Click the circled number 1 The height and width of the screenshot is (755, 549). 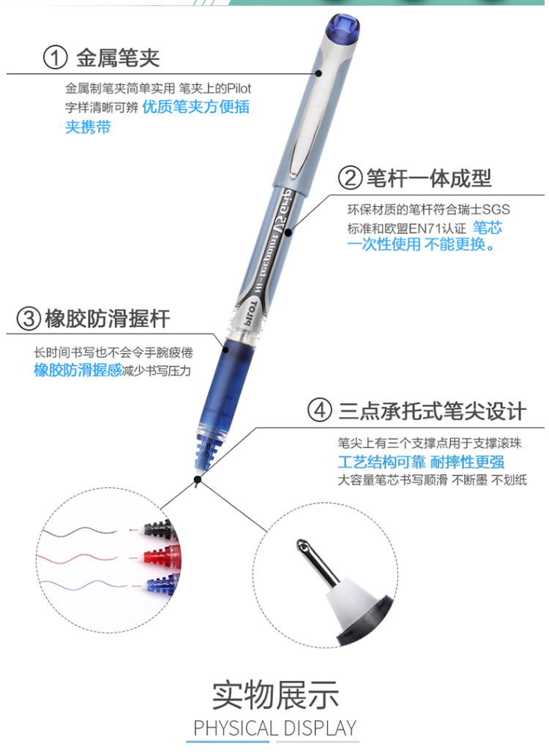pyautogui.click(x=55, y=57)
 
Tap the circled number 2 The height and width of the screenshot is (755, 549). pyautogui.click(x=350, y=178)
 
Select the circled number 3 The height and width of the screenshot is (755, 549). pyautogui.click(x=29, y=319)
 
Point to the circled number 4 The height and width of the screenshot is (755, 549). pyautogui.click(x=320, y=410)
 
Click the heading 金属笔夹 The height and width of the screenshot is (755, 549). pyautogui.click(x=118, y=58)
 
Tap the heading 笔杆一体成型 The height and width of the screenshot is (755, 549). pyautogui.click(x=429, y=179)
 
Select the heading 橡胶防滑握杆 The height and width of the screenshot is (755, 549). pyautogui.click(x=108, y=319)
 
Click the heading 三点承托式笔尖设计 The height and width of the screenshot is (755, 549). pyautogui.click(x=433, y=411)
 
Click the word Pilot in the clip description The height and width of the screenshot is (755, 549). pyautogui.click(x=239, y=89)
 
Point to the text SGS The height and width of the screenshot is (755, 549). pyautogui.click(x=496, y=209)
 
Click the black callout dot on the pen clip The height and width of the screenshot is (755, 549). pyautogui.click(x=318, y=73)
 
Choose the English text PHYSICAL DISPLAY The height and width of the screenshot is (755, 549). pyautogui.click(x=275, y=727)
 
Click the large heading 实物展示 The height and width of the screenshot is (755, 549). pyautogui.click(x=275, y=695)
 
